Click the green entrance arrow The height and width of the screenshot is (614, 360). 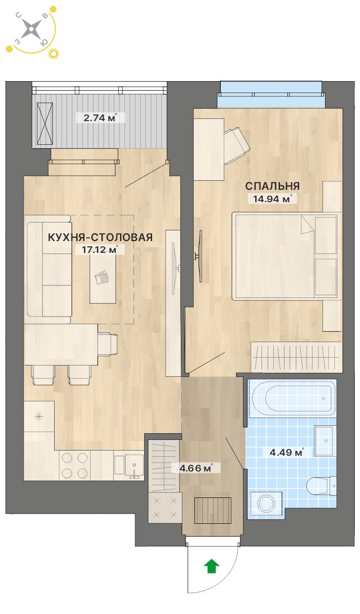click(211, 566)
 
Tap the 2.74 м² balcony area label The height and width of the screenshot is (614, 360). click(101, 117)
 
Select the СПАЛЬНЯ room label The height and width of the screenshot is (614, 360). click(273, 186)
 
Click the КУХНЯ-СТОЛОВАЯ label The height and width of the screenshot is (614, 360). click(100, 237)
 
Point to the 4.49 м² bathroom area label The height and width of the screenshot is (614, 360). click(287, 452)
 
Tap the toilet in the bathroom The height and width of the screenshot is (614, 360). click(321, 486)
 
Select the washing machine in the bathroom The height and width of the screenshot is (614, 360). click(266, 502)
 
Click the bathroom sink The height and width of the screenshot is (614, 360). click(325, 441)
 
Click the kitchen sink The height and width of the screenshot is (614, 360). click(129, 465)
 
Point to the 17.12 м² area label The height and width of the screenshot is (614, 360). click(101, 250)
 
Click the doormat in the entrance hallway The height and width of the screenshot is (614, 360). click(212, 510)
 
